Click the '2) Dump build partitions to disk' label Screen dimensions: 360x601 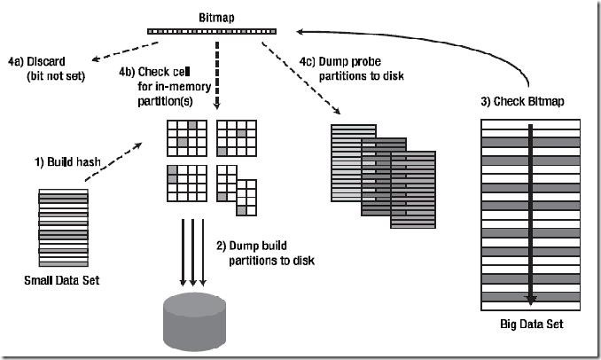click(x=262, y=252)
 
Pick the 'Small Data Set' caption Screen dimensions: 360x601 click(x=62, y=281)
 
